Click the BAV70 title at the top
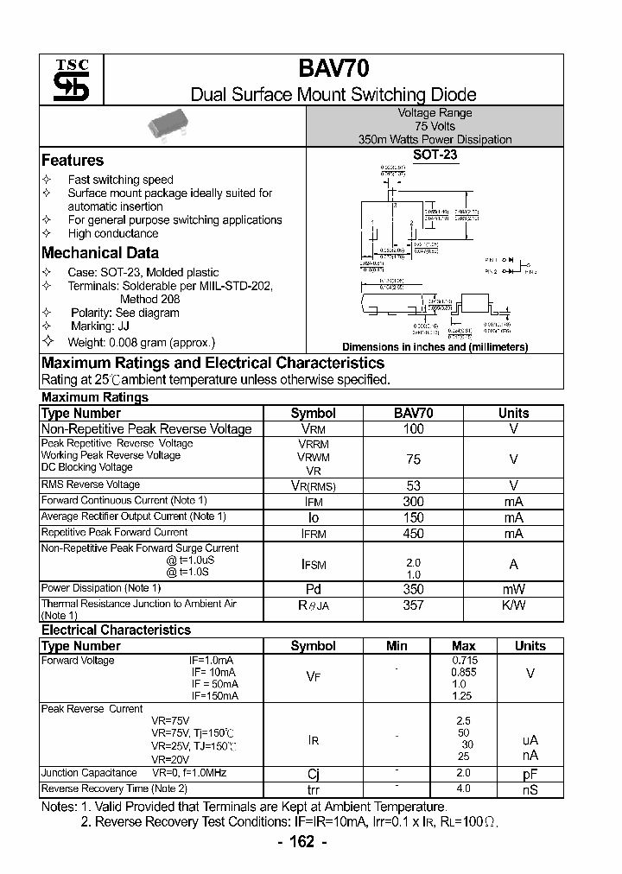point(333,71)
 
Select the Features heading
point(73,161)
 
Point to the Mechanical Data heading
point(100,253)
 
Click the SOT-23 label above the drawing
point(435,156)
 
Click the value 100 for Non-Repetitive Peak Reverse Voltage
point(414,429)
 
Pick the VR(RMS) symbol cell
point(313,486)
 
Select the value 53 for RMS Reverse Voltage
point(414,485)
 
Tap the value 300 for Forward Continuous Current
point(414,501)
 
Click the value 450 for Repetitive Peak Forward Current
point(414,533)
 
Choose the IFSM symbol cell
point(313,564)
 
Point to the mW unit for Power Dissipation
point(513,589)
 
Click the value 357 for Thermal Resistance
point(414,605)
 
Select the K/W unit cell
point(513,605)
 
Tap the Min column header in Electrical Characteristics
point(397,646)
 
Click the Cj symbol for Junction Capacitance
point(313,774)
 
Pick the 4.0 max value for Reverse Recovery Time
point(463,788)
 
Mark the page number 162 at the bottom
point(301,843)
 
